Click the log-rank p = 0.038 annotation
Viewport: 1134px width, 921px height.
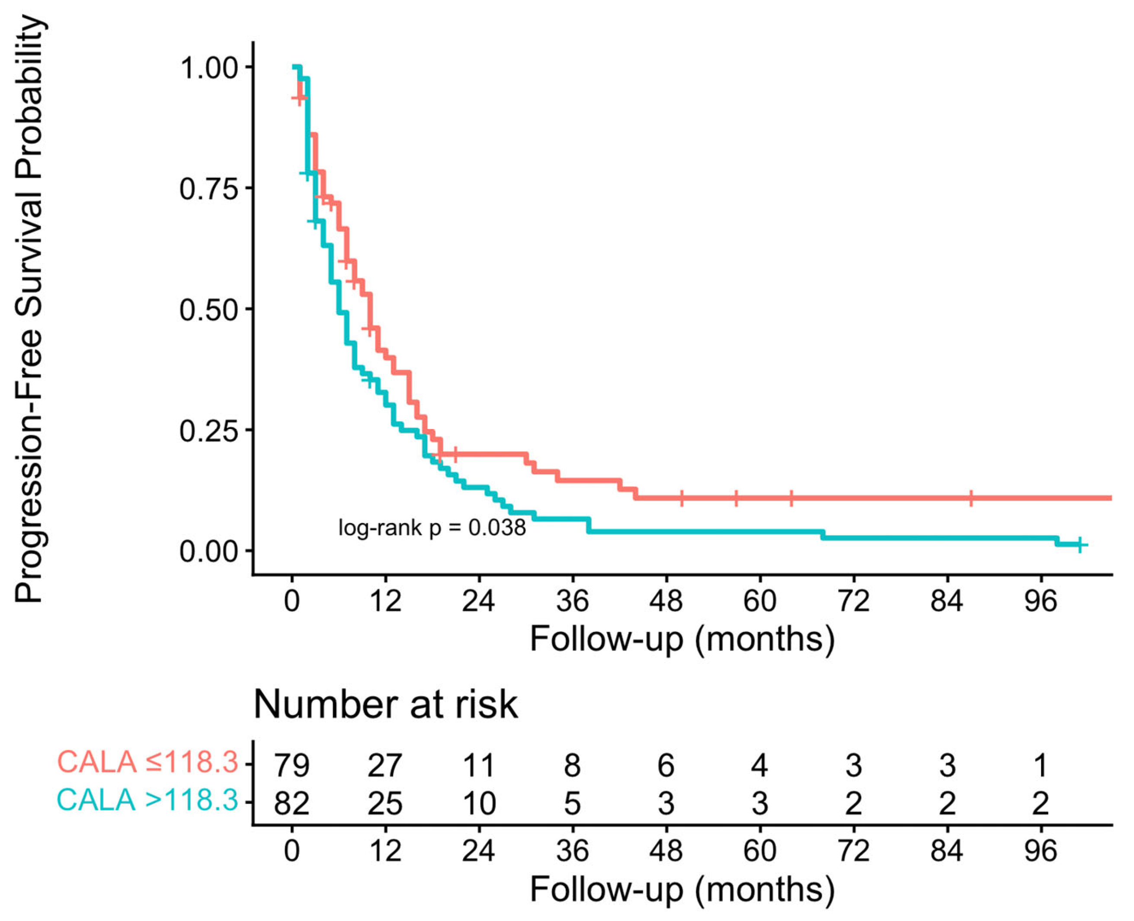pyautogui.click(x=432, y=528)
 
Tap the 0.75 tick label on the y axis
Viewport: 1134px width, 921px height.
pyautogui.click(x=208, y=189)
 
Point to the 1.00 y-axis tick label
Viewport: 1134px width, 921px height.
pyautogui.click(x=208, y=68)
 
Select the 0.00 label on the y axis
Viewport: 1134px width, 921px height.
pyautogui.click(x=208, y=551)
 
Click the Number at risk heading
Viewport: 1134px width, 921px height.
pyautogui.click(x=386, y=705)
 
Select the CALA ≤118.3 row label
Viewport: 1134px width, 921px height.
pyautogui.click(x=147, y=762)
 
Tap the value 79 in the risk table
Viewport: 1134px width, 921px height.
pyautogui.click(x=292, y=765)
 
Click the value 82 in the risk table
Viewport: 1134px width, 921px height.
pyautogui.click(x=292, y=803)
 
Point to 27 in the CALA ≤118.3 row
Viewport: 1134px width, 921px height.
pyautogui.click(x=385, y=765)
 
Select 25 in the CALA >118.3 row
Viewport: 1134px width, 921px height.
pyautogui.click(x=385, y=803)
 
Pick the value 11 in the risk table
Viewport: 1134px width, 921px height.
pyautogui.click(x=479, y=765)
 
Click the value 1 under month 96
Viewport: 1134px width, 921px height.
pyautogui.click(x=1041, y=765)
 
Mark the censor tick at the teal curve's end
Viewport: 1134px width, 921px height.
pyautogui.click(x=1080, y=544)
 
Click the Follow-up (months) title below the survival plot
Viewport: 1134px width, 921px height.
pyautogui.click(x=682, y=639)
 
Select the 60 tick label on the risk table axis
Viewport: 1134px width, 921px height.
pyautogui.click(x=760, y=850)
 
